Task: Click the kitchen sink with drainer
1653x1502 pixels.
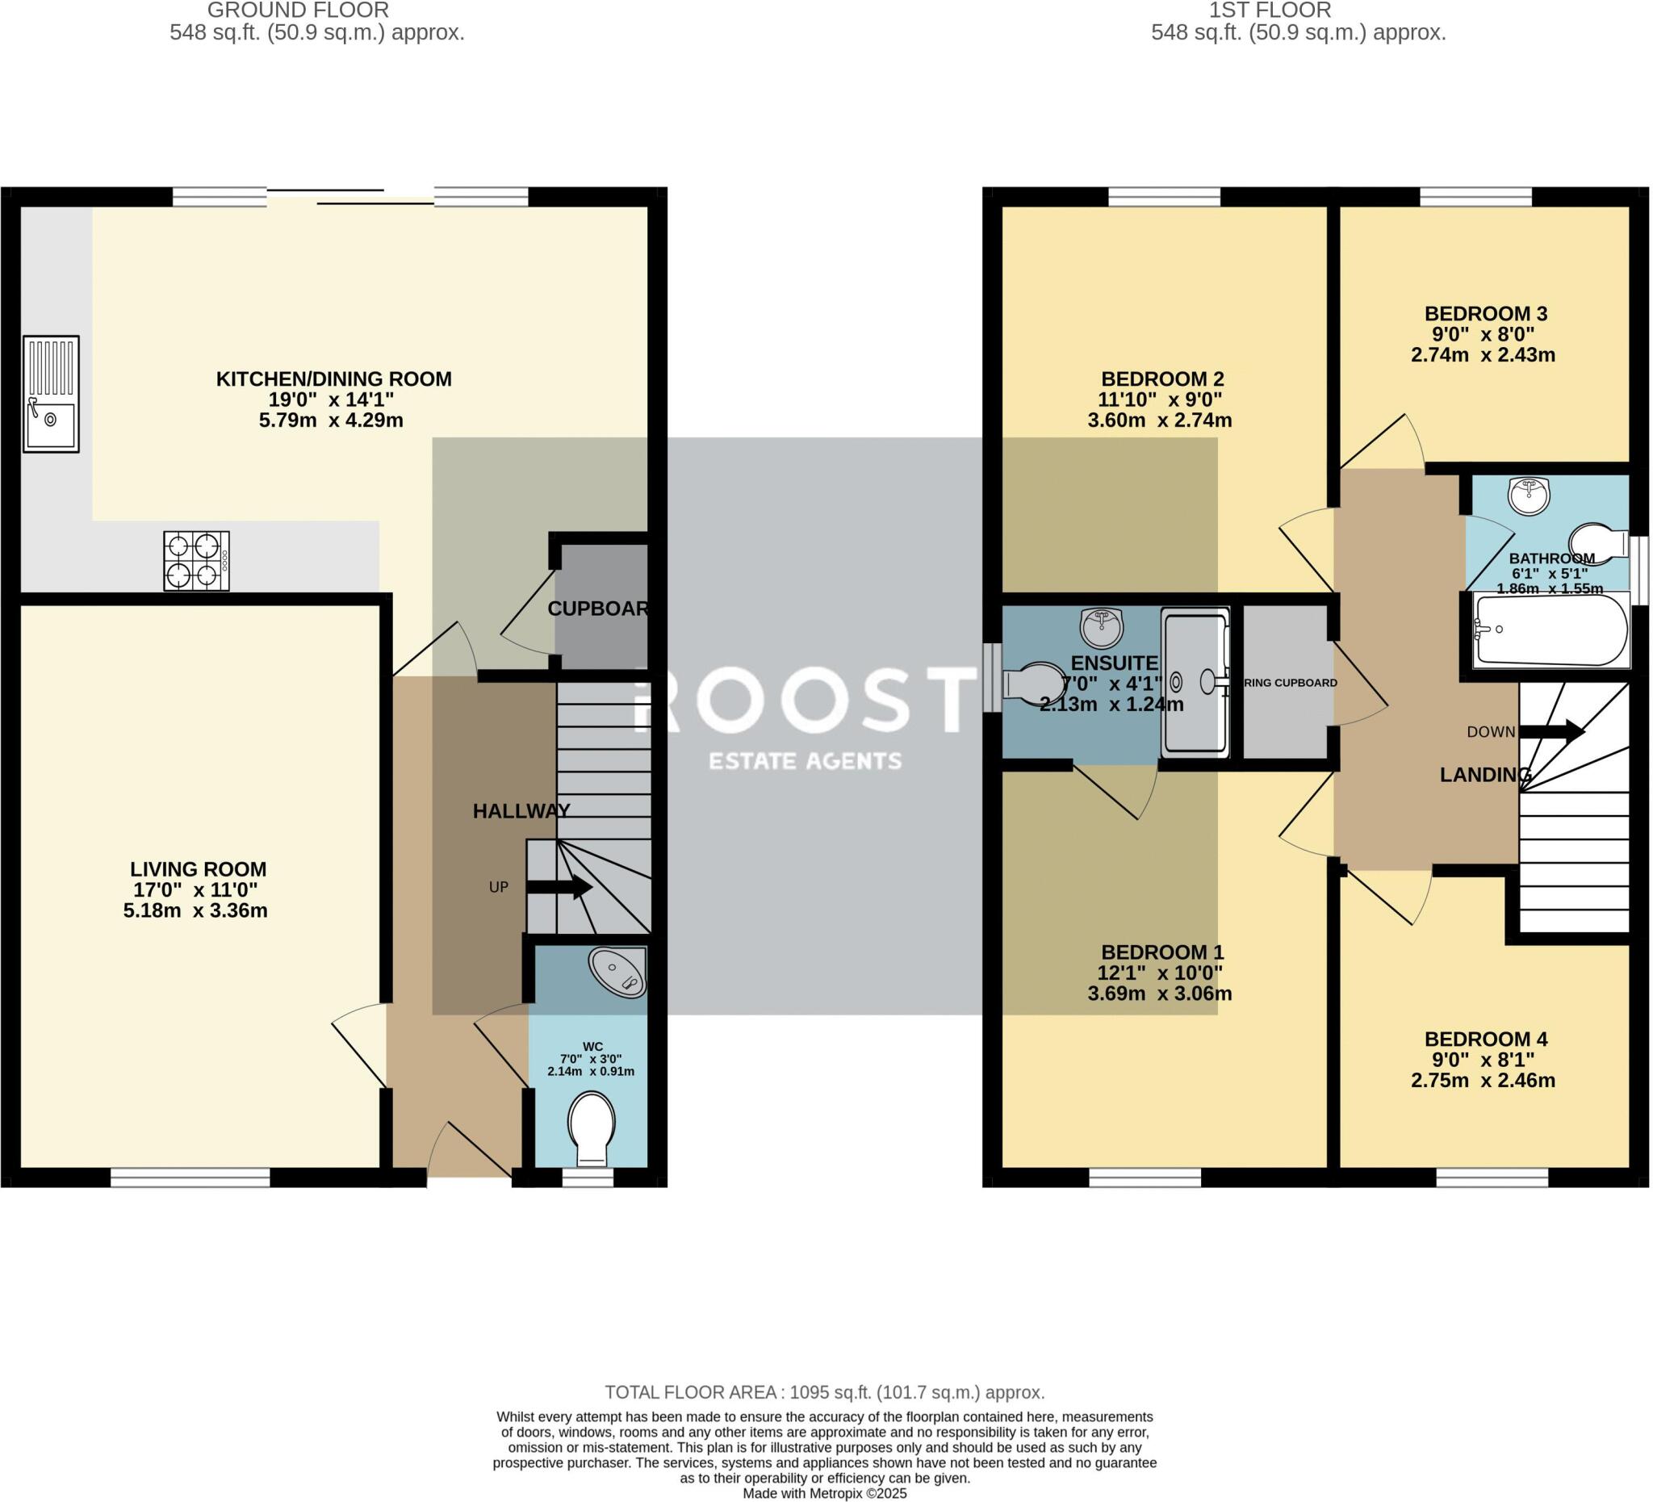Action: (51, 394)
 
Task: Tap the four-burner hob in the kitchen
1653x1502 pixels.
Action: (196, 561)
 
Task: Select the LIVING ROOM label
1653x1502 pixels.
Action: (198, 869)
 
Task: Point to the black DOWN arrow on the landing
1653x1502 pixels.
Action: (1550, 731)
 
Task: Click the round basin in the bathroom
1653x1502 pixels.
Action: (1529, 496)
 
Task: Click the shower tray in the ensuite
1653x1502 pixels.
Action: (1195, 681)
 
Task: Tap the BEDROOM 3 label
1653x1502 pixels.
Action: (1485, 313)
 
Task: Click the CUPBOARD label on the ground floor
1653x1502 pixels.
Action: (599, 609)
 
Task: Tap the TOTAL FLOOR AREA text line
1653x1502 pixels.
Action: (824, 1392)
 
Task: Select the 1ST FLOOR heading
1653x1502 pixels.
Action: (1270, 10)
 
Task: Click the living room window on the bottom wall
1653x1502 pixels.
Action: (190, 1178)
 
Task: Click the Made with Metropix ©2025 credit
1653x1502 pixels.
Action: (824, 1494)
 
